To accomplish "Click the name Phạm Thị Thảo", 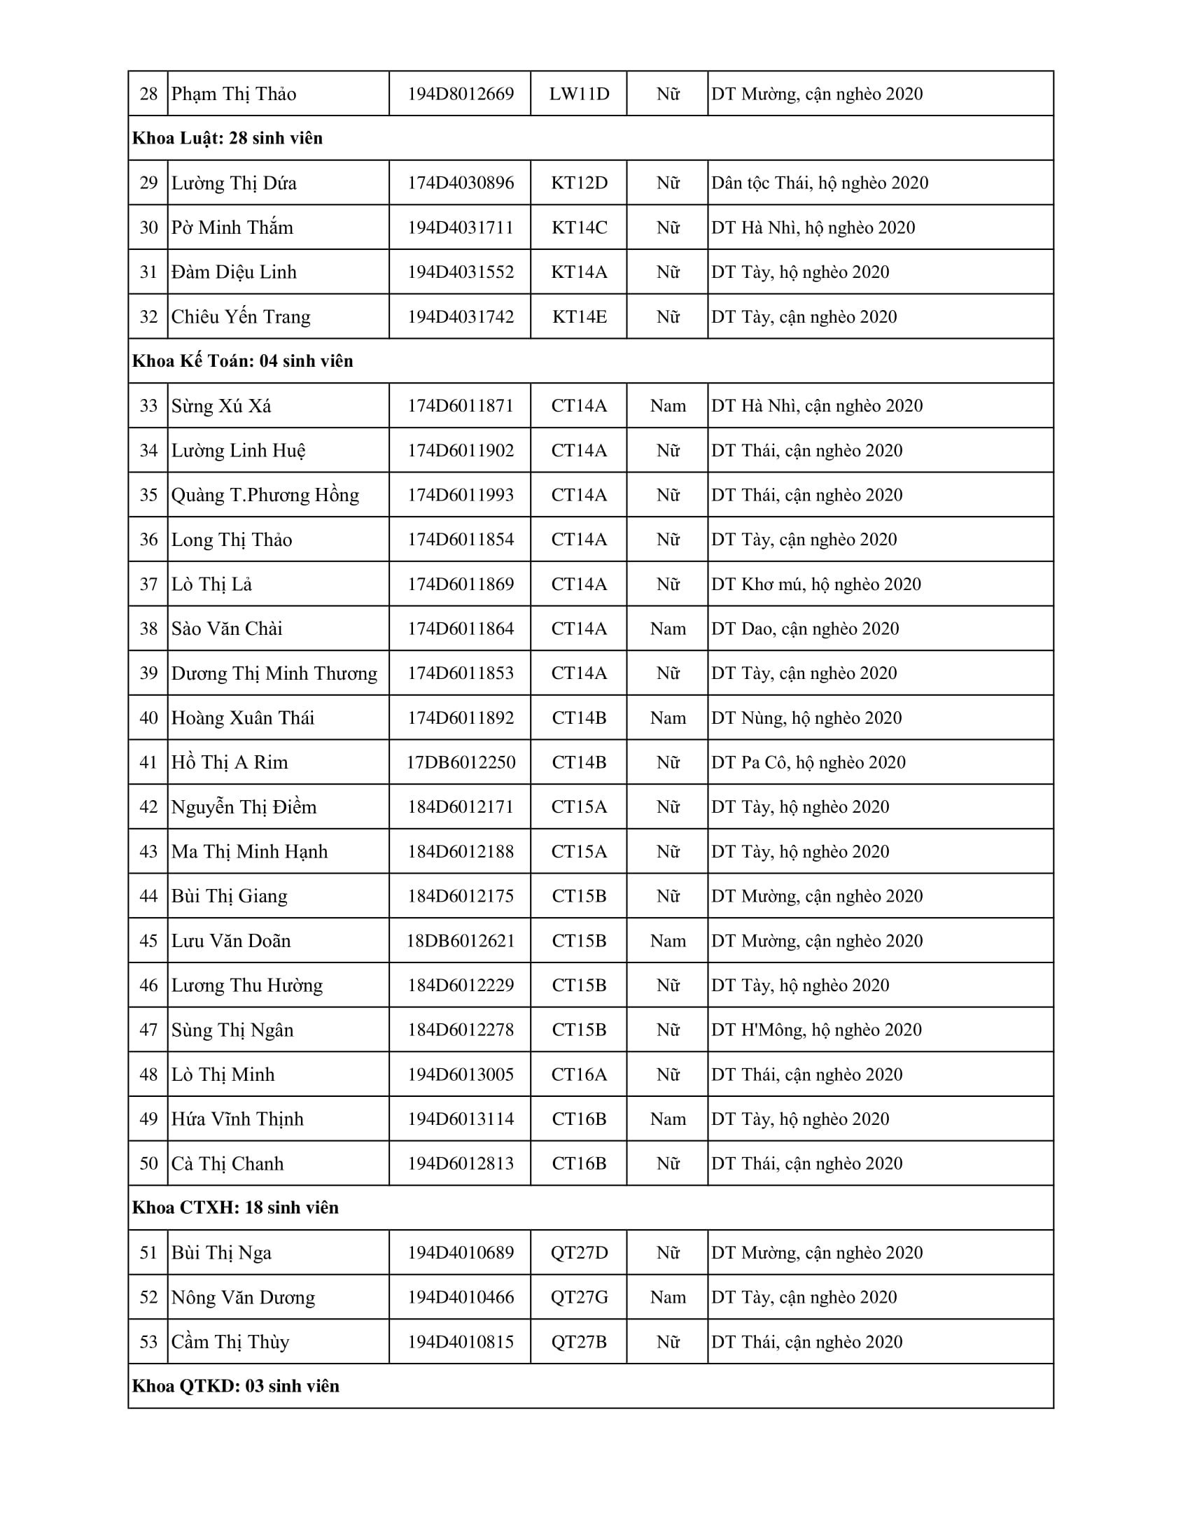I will [x=233, y=94].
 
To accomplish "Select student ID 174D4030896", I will [x=461, y=183].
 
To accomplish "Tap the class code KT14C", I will [x=579, y=227].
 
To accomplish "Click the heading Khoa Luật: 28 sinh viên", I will [x=227, y=138].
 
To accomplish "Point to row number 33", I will [x=148, y=406].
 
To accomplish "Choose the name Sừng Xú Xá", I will [x=220, y=406].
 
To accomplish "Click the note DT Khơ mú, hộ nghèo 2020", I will [x=815, y=584].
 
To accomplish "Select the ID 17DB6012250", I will [x=461, y=763].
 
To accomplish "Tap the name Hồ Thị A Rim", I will [x=229, y=763].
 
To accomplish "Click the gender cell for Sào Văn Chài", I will [x=668, y=629].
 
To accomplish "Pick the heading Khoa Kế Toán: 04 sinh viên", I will [x=242, y=361].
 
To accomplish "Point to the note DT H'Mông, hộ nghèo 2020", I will [x=816, y=1030].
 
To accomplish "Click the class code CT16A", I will [x=579, y=1074].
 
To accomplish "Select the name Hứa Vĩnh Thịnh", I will [x=237, y=1119].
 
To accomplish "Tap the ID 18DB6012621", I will [x=461, y=941].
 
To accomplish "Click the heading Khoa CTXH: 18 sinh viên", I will [x=234, y=1208].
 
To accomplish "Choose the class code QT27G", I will [x=579, y=1297].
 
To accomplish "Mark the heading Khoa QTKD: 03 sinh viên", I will [x=235, y=1386].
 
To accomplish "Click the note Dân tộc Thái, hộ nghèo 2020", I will [x=819, y=183].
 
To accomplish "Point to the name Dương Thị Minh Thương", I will [x=274, y=673].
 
